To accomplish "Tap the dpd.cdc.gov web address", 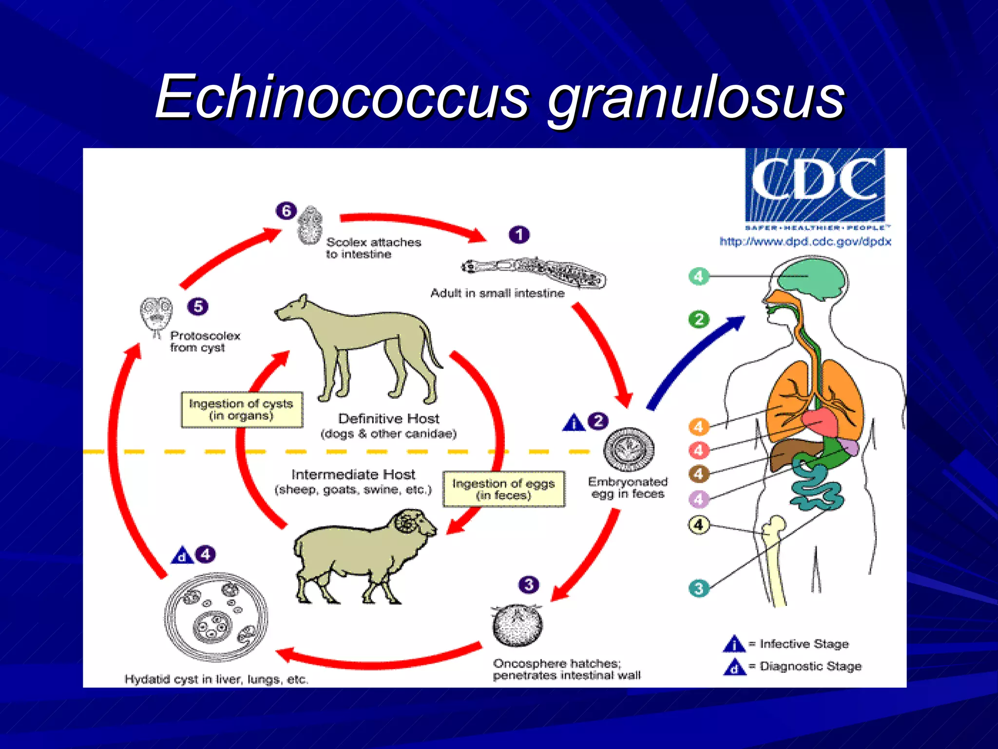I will click(805, 241).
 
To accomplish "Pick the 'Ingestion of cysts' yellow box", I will click(242, 410).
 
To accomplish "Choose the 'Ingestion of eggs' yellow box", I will click(503, 489).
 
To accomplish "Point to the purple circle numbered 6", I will click(286, 211).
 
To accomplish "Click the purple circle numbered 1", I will click(519, 235).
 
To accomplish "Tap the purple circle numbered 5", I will click(198, 306).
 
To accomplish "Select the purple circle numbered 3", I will click(529, 584).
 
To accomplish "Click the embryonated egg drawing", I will click(629, 450).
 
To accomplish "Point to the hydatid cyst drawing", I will click(216, 617).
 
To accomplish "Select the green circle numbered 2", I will click(699, 319).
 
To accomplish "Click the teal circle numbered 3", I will click(698, 588).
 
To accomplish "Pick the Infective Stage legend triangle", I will click(734, 644).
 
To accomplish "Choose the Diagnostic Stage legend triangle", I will click(734, 667).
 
